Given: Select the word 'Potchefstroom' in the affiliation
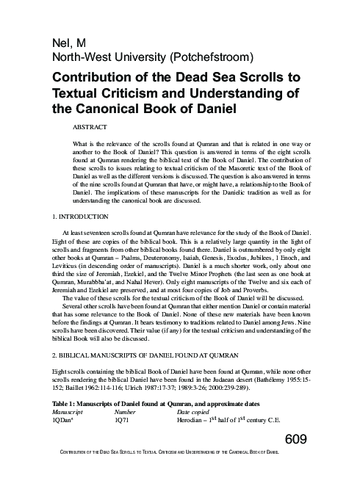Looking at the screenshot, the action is click(206, 57).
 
